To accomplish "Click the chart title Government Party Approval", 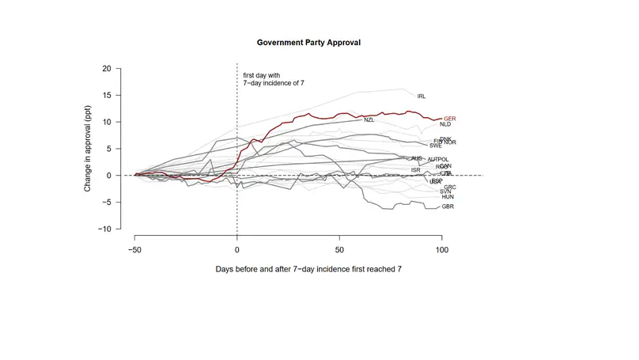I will tap(308, 41).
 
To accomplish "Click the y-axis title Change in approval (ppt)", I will tap(89, 149).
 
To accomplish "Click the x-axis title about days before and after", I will tap(308, 269).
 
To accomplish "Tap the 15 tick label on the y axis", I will tap(106, 96).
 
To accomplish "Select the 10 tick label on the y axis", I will tap(106, 123).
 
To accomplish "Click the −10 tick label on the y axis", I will tap(104, 229).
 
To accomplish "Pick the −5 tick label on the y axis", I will tap(106, 203).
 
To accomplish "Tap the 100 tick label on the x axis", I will tap(441, 249).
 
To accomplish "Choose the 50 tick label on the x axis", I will tap(339, 249).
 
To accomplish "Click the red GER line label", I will tap(451, 118).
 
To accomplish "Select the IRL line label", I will tap(422, 97).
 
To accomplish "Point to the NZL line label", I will tap(369, 120).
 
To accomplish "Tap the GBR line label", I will tap(448, 207).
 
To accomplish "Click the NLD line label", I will tap(445, 124).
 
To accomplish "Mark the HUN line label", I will tap(448, 197).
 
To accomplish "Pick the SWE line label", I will tap(436, 146).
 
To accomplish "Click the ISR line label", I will tap(416, 170).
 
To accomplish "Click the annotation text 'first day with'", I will tap(261, 76).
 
